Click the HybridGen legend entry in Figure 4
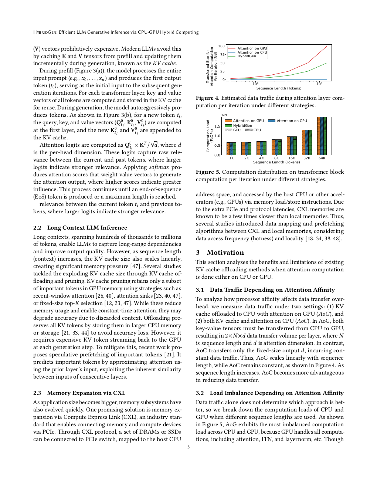pos(247,56)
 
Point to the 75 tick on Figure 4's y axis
pos(223,54)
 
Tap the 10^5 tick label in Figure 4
pos(319,84)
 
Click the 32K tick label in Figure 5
pos(307,158)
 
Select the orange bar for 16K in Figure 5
pos(289,146)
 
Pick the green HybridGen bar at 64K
pos(325,136)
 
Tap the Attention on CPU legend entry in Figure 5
pos(292,121)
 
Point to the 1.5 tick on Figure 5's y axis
pos(217,126)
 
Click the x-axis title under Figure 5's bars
pos(276,162)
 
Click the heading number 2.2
pos(37,228)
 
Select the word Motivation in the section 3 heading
pos(225,253)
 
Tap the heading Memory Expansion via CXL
pos(86,393)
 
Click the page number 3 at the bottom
pos(188,447)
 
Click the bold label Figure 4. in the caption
pos(207,98)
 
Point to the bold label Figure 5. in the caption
pos(207,172)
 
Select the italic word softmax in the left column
pos(159,167)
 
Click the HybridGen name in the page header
pos(44,32)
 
